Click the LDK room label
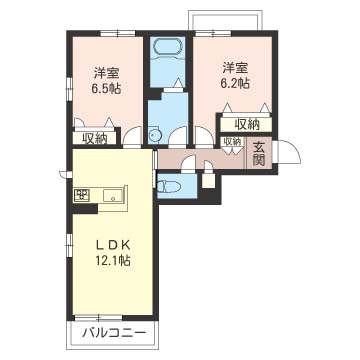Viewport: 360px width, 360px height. coord(113,246)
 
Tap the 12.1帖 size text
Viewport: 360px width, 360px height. coord(113,262)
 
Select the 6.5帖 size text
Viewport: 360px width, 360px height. coord(107,88)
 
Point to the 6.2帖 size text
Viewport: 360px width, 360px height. coord(236,83)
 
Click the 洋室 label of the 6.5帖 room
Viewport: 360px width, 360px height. coord(107,72)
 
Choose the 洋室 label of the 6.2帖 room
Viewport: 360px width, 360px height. coord(236,67)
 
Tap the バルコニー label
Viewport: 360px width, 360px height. coord(111,333)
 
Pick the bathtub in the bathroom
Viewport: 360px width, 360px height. coord(167,49)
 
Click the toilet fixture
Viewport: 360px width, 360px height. coord(169,186)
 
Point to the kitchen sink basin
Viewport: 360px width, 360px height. coord(113,194)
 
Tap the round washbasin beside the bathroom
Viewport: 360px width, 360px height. coord(155,137)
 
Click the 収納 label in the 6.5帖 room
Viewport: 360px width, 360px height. coord(95,139)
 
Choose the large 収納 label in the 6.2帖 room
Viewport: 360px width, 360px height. coord(247,123)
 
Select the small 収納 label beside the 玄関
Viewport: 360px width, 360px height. coord(231,143)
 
